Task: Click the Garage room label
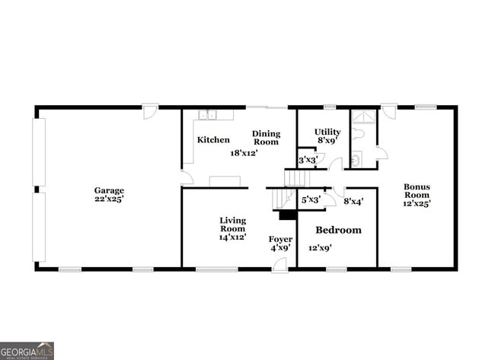109,190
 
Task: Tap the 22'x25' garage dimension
109,199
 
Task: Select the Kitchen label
213,140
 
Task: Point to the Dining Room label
266,138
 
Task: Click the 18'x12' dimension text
244,152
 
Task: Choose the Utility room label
327,132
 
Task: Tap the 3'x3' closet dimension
307,161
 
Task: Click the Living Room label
232,225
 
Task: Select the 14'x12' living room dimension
232,237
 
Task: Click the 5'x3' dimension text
311,200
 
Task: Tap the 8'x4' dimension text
353,202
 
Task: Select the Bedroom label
338,230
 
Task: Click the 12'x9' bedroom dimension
321,247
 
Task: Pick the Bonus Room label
417,191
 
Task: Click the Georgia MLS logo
27,350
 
